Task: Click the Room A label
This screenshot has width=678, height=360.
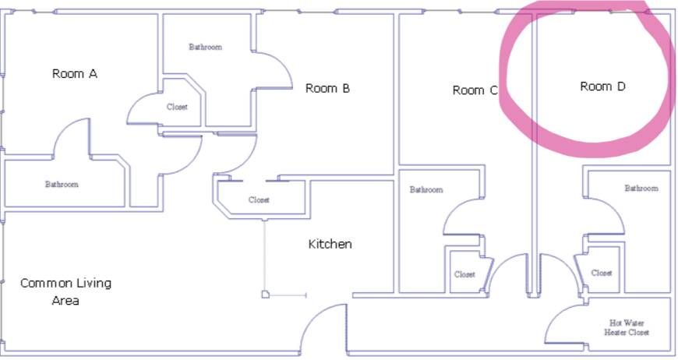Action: tap(74, 74)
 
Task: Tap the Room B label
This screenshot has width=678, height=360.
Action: tap(327, 89)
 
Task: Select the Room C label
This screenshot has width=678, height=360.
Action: tap(475, 90)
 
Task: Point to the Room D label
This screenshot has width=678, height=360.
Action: tap(602, 86)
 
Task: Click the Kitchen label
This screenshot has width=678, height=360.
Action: tap(330, 244)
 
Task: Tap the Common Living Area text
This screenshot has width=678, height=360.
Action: tap(65, 291)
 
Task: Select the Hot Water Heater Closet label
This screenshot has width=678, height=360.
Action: tap(627, 327)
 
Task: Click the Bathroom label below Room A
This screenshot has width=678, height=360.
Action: tap(62, 185)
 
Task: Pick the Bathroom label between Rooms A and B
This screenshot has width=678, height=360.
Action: tap(206, 47)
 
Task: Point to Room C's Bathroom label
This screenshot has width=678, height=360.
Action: tap(426, 189)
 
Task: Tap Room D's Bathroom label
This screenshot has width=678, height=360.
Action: tap(641, 189)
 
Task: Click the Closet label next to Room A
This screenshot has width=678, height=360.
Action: tap(177, 107)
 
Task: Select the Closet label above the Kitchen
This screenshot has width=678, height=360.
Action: tap(259, 199)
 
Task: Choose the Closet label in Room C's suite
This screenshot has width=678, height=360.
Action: tap(464, 274)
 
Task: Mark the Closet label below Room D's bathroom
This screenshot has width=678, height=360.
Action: tap(602, 274)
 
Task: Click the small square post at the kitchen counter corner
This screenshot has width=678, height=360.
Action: tap(265, 295)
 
